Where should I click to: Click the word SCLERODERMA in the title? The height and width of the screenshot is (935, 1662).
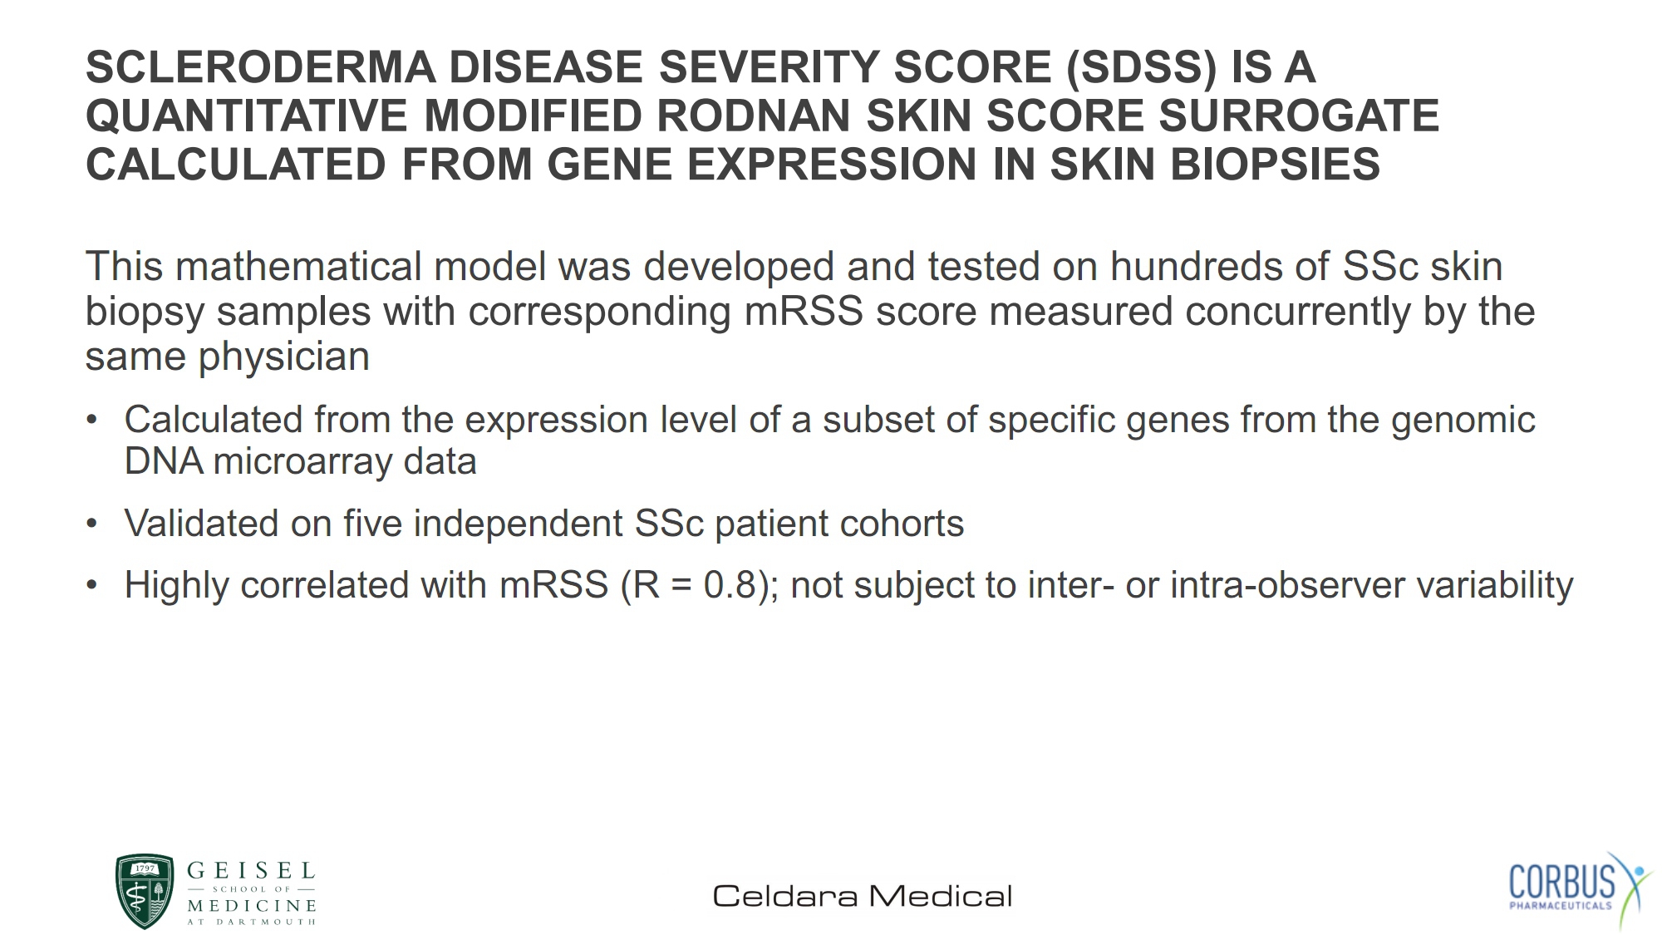point(261,67)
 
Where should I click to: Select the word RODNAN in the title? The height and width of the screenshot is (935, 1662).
point(754,116)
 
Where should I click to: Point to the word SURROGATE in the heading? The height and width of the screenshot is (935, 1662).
point(1299,116)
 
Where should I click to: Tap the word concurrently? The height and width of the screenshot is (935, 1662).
point(1298,312)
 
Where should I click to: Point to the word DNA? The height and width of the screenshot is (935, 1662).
point(163,461)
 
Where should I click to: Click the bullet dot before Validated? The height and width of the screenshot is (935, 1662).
point(92,524)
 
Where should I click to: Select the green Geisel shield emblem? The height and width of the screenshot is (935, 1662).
point(145,891)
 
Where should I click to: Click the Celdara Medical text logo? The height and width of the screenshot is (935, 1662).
point(863,896)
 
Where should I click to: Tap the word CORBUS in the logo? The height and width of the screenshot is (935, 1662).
point(1561,882)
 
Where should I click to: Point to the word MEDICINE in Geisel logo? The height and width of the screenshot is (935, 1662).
point(252,905)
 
